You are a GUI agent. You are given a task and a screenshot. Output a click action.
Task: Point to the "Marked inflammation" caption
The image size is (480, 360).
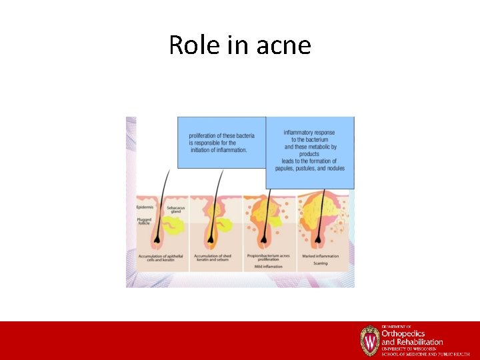click(321, 255)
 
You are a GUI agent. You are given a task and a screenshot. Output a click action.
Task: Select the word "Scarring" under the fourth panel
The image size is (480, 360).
click(321, 263)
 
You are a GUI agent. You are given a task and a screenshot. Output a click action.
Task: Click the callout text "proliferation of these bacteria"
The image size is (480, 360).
click(221, 136)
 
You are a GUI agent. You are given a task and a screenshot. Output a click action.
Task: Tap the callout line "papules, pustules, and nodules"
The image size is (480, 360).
click(309, 168)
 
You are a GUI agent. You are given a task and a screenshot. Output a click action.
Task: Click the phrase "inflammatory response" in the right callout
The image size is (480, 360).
click(309, 133)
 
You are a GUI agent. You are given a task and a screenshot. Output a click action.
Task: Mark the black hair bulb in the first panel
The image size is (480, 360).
click(157, 237)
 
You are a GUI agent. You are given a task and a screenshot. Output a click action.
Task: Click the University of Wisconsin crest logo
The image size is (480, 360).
click(369, 340)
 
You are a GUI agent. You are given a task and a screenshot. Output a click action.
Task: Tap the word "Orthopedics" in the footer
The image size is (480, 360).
click(403, 333)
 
